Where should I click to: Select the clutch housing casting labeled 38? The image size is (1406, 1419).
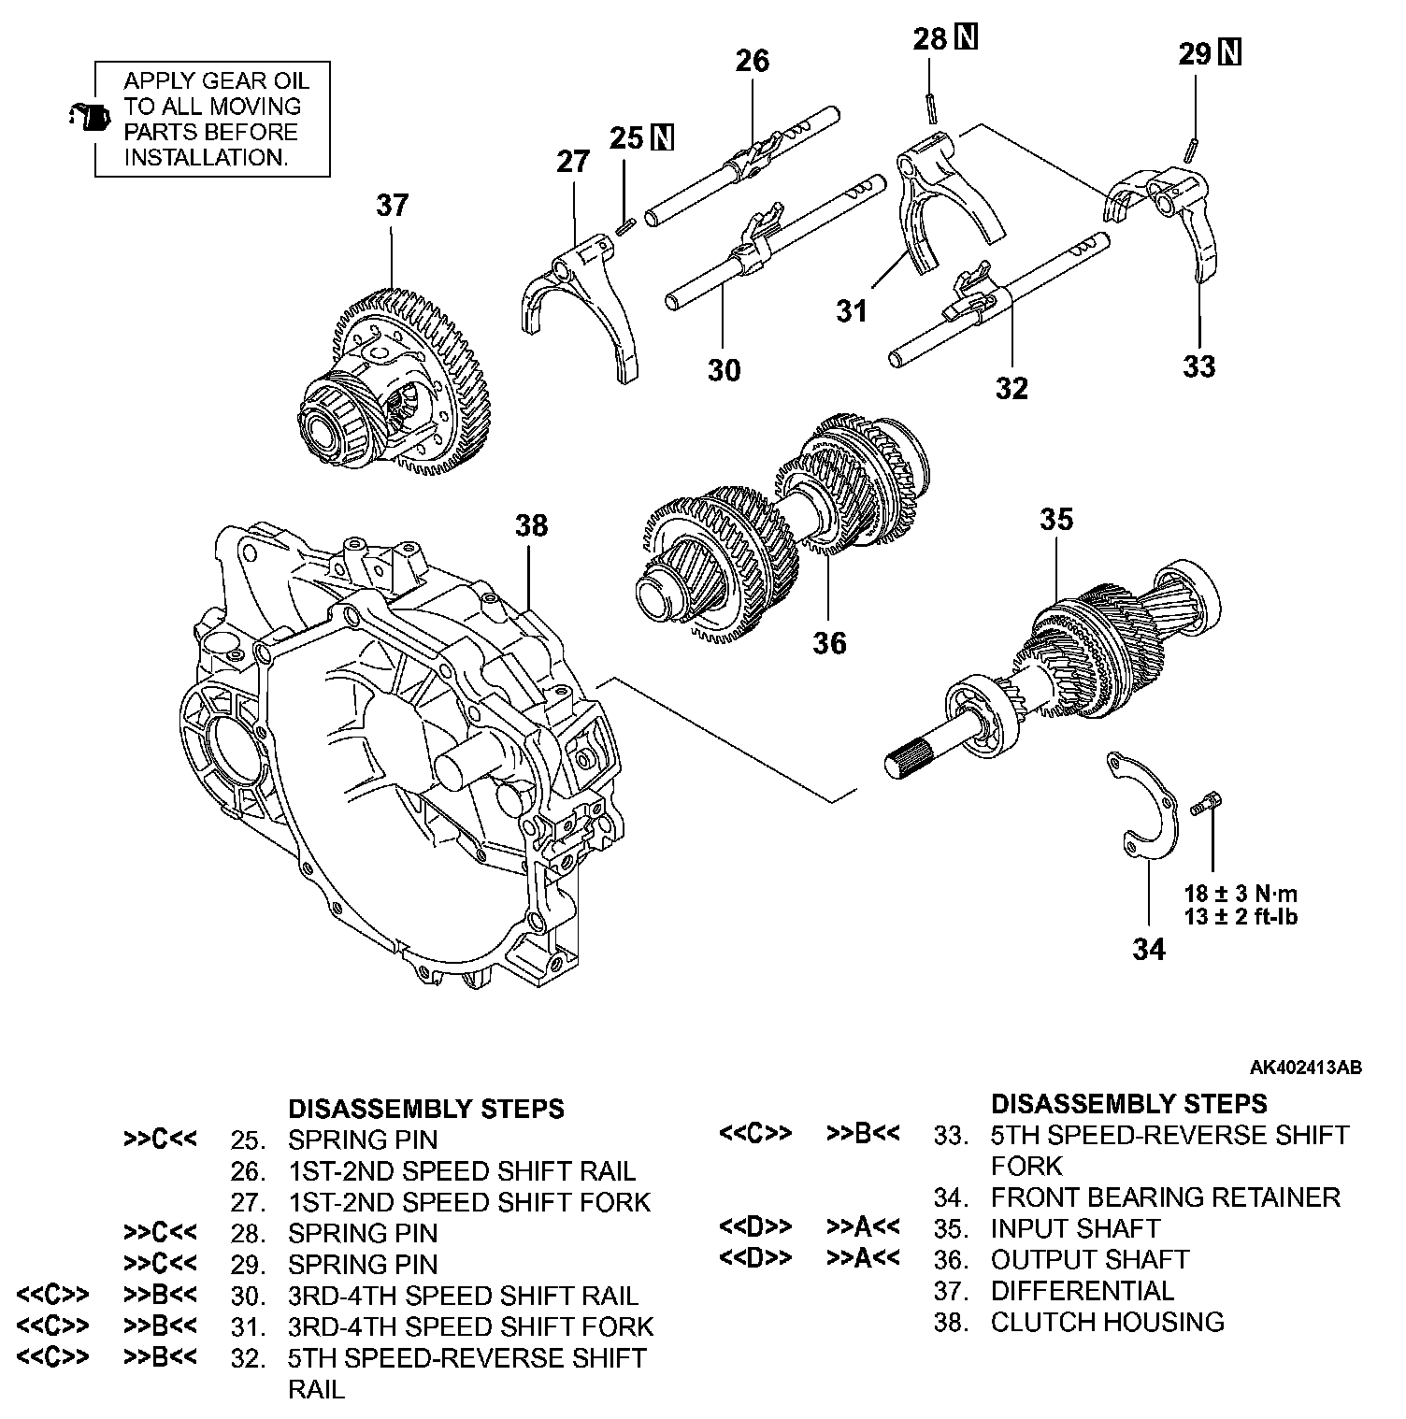(x=393, y=767)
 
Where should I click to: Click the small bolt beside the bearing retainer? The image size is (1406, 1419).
(x=1208, y=803)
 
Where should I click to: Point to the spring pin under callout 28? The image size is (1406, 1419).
(x=932, y=107)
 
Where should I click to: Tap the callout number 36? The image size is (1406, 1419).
(x=829, y=643)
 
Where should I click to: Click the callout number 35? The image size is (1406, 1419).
(x=1056, y=520)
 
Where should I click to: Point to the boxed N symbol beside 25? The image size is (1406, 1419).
(x=663, y=137)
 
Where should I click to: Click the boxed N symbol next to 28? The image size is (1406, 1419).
(x=967, y=38)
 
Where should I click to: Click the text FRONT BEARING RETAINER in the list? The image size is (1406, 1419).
(x=1165, y=1197)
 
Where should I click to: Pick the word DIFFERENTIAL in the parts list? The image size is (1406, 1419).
(x=1082, y=1291)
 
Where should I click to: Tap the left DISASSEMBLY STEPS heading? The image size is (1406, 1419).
(x=425, y=1109)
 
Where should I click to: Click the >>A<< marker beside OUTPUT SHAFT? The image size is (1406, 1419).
(x=863, y=1259)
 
